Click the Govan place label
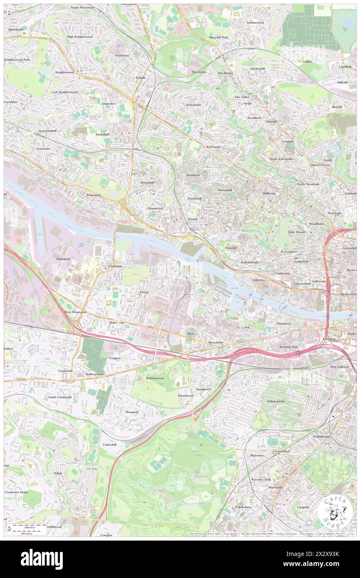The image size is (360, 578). (x=144, y=292)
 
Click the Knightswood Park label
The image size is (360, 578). (x=17, y=59)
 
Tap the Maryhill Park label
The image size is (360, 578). (x=219, y=37)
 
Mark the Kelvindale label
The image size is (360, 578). (x=194, y=105)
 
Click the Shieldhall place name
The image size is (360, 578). (x=64, y=259)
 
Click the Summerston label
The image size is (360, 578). (x=255, y=22)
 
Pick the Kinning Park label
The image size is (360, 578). (x=288, y=346)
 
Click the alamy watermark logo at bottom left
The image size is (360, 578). (x=42, y=559)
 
